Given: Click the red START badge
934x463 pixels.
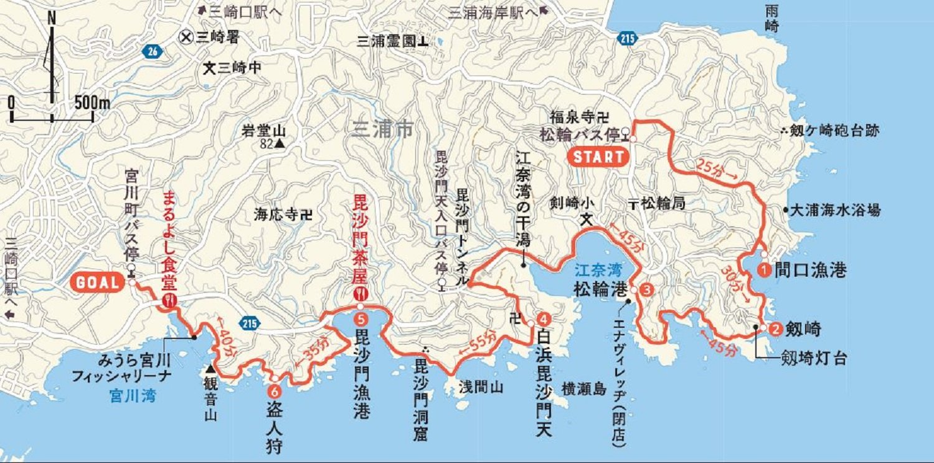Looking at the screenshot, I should pos(598,156).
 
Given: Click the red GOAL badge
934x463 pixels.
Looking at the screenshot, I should pos(98,283).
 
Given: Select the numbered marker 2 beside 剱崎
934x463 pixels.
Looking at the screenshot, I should pos(775,328).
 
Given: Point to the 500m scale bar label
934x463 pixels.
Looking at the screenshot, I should pos(92,102).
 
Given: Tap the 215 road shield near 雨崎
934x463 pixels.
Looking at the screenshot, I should pos(628,39).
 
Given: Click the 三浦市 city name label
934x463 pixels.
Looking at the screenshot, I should pos(382,130).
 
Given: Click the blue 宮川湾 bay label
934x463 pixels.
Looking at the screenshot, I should pos(132,395).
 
